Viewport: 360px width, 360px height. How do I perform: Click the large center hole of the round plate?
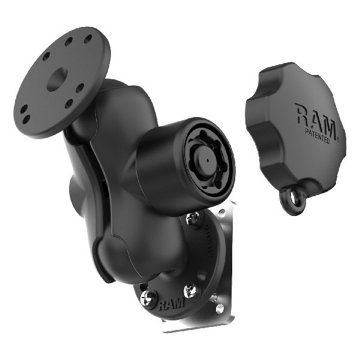tap(56, 80)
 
